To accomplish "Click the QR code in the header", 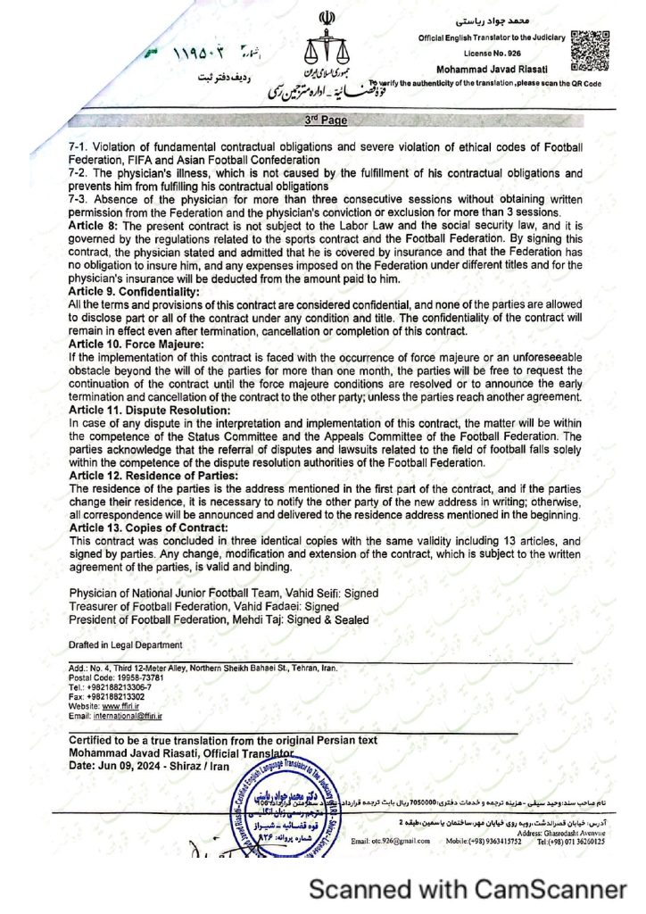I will (x=590, y=50).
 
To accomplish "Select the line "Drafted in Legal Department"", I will (x=125, y=645).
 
